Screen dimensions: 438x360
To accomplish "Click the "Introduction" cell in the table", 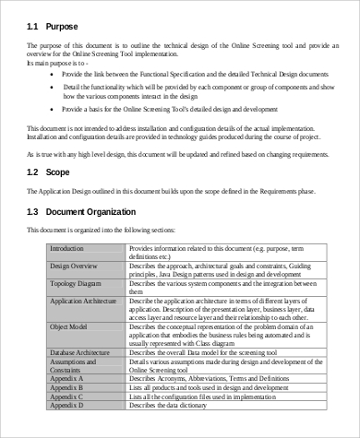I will coord(66,249).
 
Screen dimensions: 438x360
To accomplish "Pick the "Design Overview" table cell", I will coord(73,265).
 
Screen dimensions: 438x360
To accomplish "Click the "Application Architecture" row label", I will coord(83,300).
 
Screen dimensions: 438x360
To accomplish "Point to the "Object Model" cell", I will coord(69,326).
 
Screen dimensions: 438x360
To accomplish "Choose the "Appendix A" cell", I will coord(66,378).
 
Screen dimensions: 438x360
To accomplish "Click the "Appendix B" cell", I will coord(66,387).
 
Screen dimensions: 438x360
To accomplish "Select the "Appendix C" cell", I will coord(66,397).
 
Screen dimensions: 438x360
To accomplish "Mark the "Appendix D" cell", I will coord(66,405).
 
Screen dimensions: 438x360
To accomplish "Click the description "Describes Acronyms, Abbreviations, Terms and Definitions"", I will coord(218,378).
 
